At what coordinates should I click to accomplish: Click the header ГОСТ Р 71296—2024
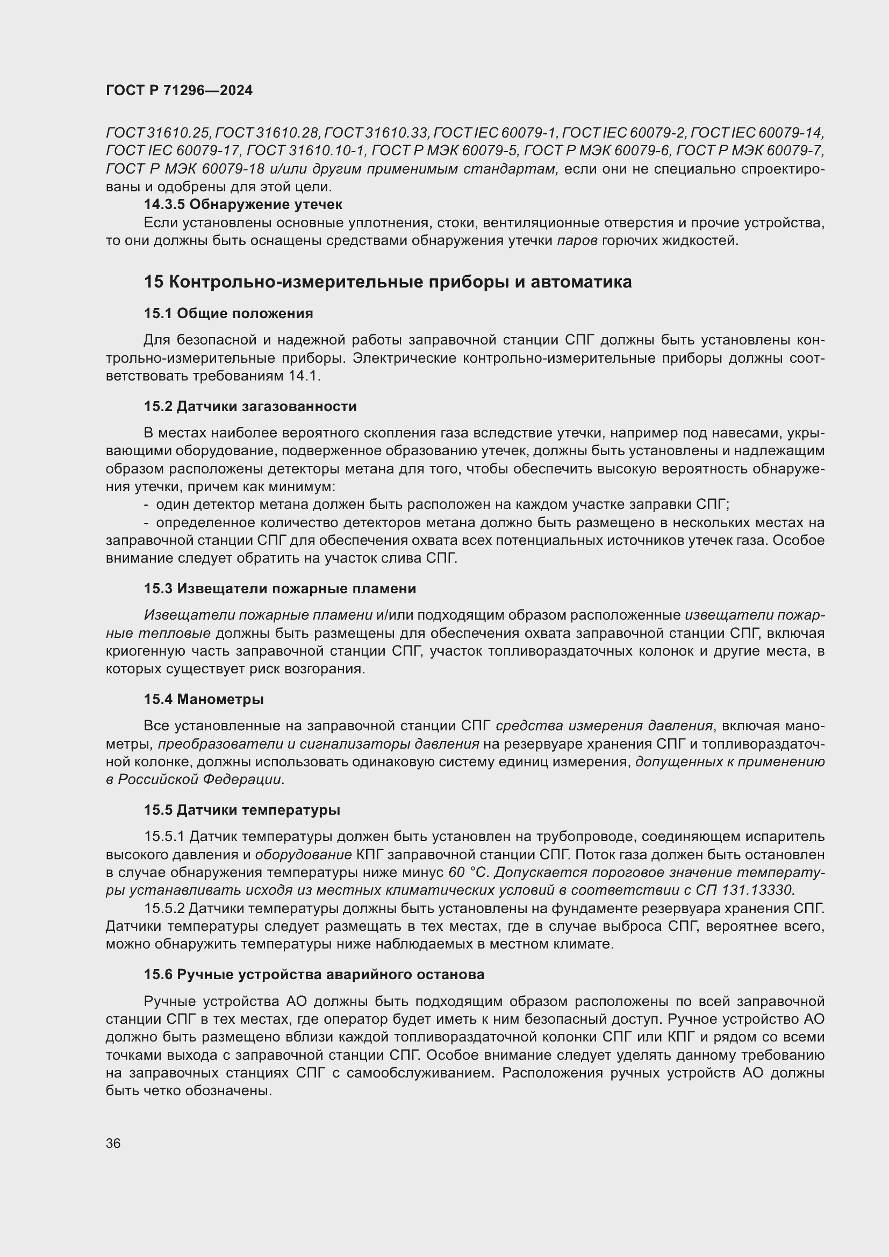179,91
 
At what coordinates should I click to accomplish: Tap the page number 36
113,1144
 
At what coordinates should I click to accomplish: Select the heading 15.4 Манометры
204,699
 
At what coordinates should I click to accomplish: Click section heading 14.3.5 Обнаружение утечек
243,205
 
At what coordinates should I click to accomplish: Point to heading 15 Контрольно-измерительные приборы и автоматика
388,282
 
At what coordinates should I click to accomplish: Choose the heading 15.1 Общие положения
228,314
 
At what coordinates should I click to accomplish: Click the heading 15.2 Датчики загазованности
250,406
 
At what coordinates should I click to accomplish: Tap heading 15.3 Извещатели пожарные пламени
279,588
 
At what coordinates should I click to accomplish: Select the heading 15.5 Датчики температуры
242,810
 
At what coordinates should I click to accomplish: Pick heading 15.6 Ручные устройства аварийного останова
314,974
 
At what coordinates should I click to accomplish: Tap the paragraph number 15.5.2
164,909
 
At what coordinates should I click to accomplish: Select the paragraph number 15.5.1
164,837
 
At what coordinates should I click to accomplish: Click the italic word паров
577,241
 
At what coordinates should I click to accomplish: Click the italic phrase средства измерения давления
604,726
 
